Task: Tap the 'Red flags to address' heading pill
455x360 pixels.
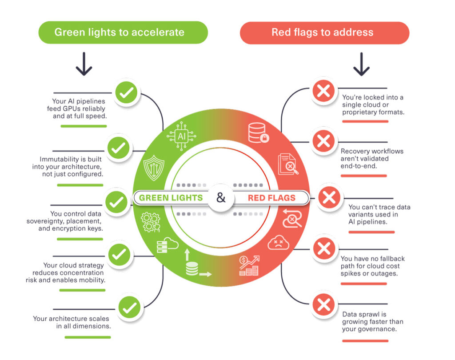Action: click(324, 32)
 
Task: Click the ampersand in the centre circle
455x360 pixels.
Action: click(221, 197)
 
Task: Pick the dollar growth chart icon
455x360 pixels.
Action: click(249, 265)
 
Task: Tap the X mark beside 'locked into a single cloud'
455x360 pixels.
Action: click(324, 92)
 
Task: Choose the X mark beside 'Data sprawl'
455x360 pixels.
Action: click(324, 305)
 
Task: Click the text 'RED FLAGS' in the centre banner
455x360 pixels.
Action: click(271, 198)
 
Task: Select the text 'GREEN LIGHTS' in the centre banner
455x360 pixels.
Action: click(171, 198)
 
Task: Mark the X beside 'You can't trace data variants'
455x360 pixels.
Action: click(329, 197)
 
